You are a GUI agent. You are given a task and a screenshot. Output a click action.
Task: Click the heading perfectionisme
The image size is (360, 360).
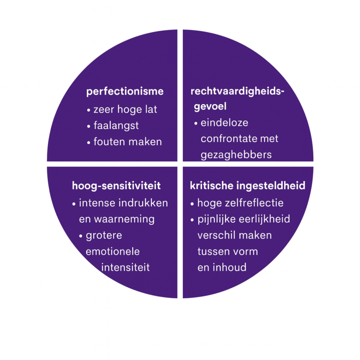click(x=125, y=92)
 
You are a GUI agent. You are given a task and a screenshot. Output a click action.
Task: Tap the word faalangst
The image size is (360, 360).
click(x=116, y=126)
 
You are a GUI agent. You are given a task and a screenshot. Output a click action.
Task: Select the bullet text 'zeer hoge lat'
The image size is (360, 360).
click(x=125, y=110)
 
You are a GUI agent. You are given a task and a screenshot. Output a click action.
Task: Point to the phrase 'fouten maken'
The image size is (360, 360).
click(x=127, y=142)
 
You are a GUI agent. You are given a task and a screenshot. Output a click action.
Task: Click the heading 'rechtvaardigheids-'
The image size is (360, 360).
click(x=237, y=91)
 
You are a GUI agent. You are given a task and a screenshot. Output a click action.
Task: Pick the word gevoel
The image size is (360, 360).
click(x=210, y=106)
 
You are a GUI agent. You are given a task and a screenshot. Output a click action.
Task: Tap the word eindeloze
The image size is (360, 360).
click(x=225, y=123)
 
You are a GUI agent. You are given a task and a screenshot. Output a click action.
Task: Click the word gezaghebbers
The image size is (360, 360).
click(x=236, y=155)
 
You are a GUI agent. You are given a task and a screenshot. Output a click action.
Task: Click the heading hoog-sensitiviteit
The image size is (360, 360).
click(x=116, y=186)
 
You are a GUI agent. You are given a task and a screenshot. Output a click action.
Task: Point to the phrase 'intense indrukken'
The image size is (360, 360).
click(x=124, y=203)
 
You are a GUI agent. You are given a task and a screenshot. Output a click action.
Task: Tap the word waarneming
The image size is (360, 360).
click(x=124, y=219)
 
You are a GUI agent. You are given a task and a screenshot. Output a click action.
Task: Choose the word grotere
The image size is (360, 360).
click(x=104, y=236)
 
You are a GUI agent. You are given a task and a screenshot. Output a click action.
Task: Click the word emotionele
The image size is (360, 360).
click(x=112, y=251)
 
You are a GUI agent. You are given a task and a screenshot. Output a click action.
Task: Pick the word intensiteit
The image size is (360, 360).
click(x=125, y=268)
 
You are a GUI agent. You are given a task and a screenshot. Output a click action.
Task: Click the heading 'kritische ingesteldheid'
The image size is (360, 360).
click(x=247, y=186)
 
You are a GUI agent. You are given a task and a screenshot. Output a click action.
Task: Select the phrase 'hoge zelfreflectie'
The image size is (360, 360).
click(x=240, y=203)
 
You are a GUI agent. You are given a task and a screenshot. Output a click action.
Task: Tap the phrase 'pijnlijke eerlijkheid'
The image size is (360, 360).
click(x=244, y=219)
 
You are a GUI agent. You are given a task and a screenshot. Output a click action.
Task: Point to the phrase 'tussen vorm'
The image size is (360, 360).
click(x=228, y=252)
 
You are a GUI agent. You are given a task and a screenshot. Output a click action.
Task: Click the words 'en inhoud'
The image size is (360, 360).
click(x=222, y=268)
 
